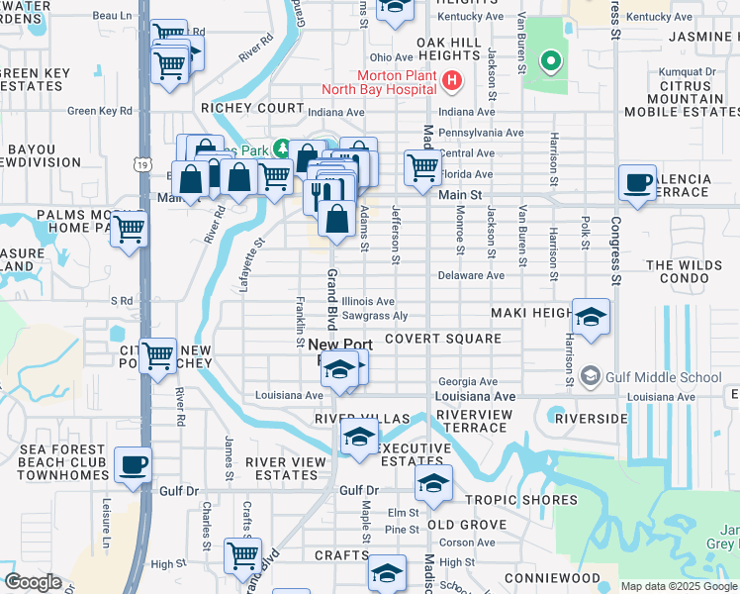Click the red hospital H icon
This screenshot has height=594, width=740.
452,81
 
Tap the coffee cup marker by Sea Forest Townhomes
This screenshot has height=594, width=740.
133,463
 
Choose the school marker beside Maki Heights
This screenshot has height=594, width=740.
591,317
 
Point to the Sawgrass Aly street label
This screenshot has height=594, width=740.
374,316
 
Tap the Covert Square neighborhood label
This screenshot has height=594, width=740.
442,339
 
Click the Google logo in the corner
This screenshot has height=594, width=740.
33,582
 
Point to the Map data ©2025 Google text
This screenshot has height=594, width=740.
678,586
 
